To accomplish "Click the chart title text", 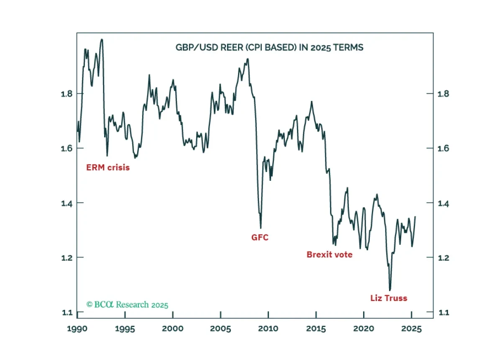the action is (269, 48).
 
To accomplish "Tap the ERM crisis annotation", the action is (108, 167).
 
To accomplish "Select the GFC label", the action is (260, 237).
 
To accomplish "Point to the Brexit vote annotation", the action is (330, 255).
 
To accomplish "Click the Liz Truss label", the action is (389, 298).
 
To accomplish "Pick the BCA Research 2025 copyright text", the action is (127, 305).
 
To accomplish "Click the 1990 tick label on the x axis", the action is (77, 329).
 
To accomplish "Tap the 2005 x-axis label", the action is (220, 329).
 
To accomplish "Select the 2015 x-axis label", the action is (316, 329).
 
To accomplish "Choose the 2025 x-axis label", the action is (412, 329).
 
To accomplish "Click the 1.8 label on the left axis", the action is (67, 94).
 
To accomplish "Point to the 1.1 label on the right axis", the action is (443, 312).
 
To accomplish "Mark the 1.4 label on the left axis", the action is (67, 203).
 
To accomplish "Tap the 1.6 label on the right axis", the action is (443, 148).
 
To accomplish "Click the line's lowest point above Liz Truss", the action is (390, 290).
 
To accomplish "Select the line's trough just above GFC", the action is (261, 228).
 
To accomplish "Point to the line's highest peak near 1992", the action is (102, 39).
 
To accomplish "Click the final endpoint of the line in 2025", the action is (415, 216).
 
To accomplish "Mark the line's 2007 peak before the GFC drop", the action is (248, 59).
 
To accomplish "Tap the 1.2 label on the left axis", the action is (67, 258).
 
